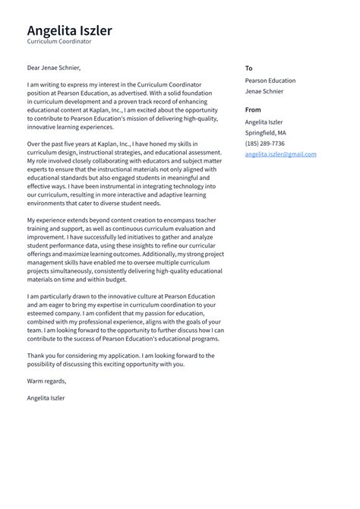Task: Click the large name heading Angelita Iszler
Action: (69, 30)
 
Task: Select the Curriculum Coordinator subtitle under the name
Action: (59, 42)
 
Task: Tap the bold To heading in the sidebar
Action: (248, 68)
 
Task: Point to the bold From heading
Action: (253, 110)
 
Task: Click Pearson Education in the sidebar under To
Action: (270, 81)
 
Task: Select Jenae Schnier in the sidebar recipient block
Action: (264, 91)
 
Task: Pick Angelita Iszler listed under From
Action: (264, 122)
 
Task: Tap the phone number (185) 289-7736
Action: (265, 143)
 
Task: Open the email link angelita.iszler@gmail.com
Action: (280, 154)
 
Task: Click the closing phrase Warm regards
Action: (46, 381)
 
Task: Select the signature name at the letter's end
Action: (46, 397)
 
